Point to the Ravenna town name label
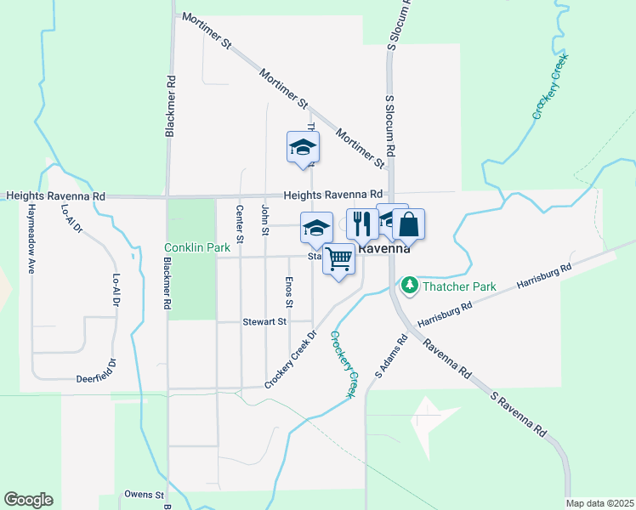tap(384, 250)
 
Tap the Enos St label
tap(290, 292)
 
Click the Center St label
tap(241, 224)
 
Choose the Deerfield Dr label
tap(95, 377)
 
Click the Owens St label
tap(144, 495)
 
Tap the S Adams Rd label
tap(392, 357)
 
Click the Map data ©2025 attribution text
tap(599, 503)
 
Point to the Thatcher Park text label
tap(460, 286)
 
